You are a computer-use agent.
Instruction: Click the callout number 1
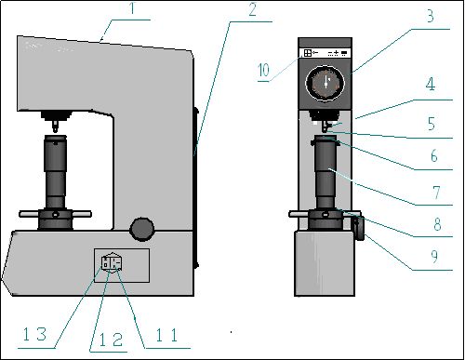[x=132, y=8]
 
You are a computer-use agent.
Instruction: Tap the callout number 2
[x=253, y=10]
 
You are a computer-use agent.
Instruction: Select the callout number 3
[x=431, y=16]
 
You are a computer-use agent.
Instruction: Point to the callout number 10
[x=264, y=70]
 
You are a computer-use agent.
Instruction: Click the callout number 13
[x=35, y=334]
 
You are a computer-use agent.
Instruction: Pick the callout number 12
[x=111, y=340]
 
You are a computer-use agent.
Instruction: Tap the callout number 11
[x=166, y=335]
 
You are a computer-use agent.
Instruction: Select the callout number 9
[x=434, y=256]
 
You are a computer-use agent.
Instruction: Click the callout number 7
[x=436, y=193]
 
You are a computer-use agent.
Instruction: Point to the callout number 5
[x=432, y=124]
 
